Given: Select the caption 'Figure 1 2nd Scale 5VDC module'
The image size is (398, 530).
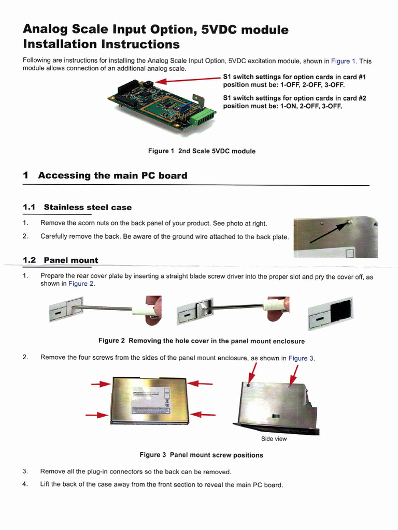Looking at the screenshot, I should click(x=202, y=151).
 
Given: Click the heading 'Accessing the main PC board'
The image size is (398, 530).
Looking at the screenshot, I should click(x=112, y=175).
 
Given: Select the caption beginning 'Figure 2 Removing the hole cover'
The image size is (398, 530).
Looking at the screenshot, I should click(x=202, y=341).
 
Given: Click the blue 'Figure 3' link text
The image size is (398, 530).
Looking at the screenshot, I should click(x=301, y=358).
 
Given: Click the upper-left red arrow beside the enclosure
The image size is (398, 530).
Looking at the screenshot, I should click(x=101, y=385).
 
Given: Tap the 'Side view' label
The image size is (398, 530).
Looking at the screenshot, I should click(x=274, y=439).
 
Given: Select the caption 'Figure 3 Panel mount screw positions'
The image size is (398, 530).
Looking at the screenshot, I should click(x=201, y=455).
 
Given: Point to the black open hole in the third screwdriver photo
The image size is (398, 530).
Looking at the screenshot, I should click(x=340, y=311).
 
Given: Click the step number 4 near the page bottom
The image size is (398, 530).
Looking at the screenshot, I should click(x=25, y=484).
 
